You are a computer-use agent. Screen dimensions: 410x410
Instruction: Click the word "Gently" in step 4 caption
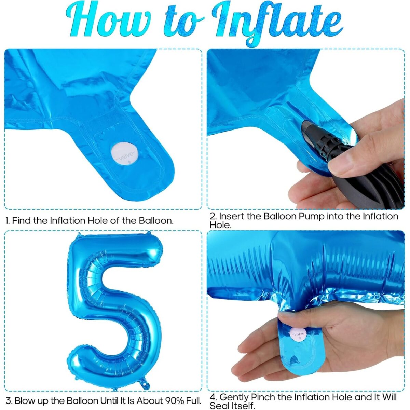pos(234,397)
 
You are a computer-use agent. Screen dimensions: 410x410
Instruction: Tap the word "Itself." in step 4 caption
pos(244,406)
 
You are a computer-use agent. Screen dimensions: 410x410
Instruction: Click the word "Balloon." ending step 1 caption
pos(156,221)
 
